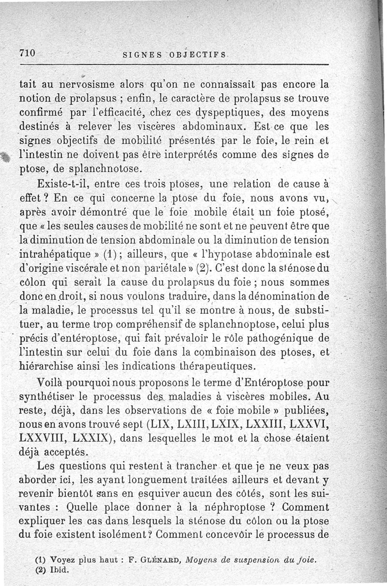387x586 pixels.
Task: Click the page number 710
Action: [28, 54]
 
